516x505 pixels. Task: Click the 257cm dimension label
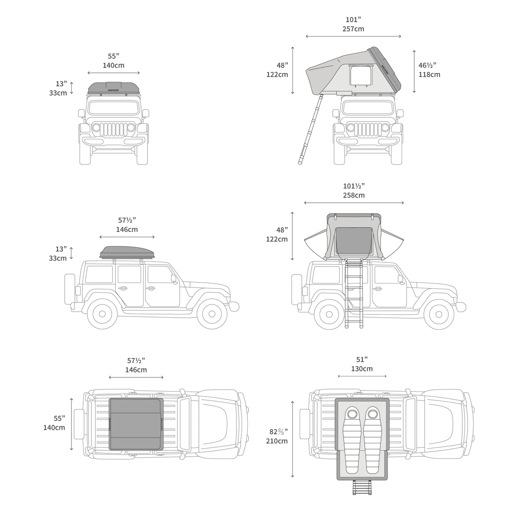click(x=353, y=29)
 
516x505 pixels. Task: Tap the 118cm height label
click(x=429, y=75)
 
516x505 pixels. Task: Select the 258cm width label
click(x=354, y=195)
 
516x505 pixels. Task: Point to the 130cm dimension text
click(x=362, y=369)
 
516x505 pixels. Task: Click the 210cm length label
click(x=277, y=441)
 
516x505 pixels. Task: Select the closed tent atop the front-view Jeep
click(x=114, y=88)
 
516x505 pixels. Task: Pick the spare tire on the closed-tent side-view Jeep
click(x=70, y=289)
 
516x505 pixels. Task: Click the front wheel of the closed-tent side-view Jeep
click(x=212, y=314)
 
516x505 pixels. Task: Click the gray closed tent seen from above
click(x=136, y=424)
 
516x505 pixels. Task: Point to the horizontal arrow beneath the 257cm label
click(x=353, y=36)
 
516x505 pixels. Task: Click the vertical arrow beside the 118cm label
click(x=414, y=71)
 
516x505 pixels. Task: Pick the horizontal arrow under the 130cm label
click(x=362, y=376)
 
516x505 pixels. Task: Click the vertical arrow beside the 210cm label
click(x=292, y=439)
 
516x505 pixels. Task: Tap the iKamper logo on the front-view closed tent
click(x=113, y=90)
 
